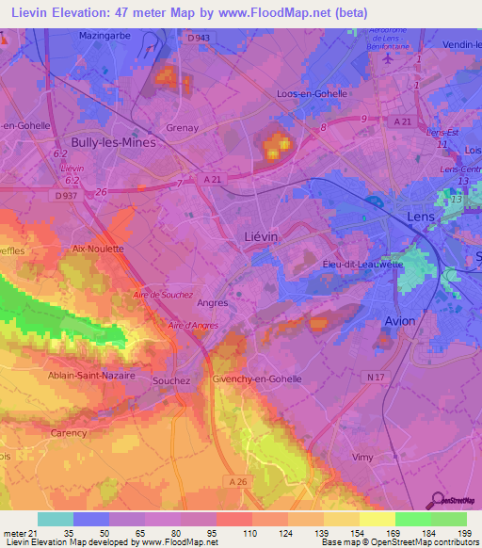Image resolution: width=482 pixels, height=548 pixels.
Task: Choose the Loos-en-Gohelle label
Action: click(313, 93)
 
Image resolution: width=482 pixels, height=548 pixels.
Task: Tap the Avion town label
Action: click(400, 321)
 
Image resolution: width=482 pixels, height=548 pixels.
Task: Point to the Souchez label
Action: click(171, 380)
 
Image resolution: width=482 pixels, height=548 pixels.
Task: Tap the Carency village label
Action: click(68, 434)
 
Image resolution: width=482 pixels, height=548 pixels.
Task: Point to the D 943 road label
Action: click(198, 38)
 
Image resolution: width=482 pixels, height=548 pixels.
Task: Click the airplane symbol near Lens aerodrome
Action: click(387, 56)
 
